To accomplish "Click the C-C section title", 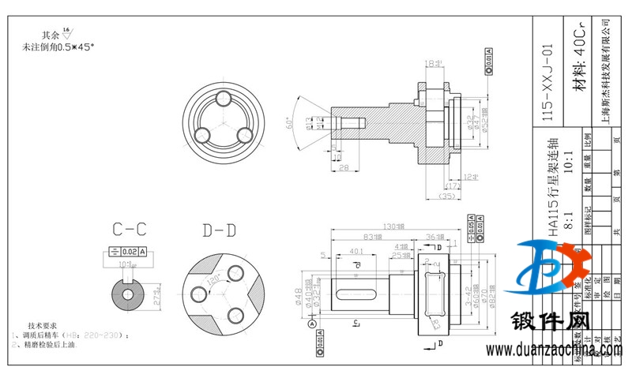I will (x=130, y=230).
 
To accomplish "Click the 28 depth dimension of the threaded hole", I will (x=343, y=168).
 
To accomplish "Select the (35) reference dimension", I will (x=447, y=194).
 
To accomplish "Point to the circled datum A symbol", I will (x=312, y=324).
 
